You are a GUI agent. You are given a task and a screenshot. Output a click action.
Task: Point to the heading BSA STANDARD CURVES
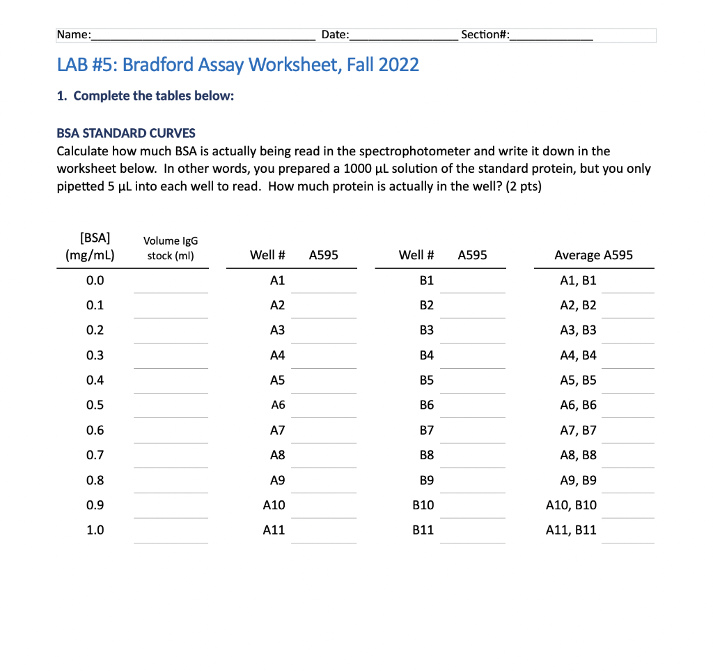tap(126, 133)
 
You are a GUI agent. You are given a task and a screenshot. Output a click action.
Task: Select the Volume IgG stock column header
tap(171, 248)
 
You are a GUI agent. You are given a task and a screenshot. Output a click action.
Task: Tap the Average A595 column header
tap(593, 255)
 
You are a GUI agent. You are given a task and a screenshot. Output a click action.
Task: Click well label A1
tap(277, 281)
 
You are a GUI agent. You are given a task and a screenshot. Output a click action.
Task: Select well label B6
tap(427, 406)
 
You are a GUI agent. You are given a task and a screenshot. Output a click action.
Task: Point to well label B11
tap(423, 530)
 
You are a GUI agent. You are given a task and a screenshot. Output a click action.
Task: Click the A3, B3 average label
tap(578, 330)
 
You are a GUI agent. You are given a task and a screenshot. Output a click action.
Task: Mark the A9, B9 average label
tap(578, 480)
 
